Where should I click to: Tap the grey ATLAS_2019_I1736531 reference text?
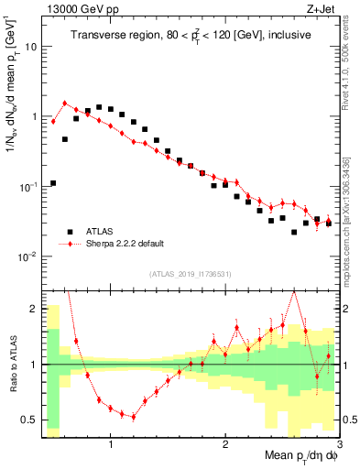coord(190,274)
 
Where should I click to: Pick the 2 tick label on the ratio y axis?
coord(33,309)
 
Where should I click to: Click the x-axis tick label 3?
coord(338,446)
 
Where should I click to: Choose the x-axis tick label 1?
coord(111,446)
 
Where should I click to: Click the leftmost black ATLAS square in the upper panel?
coord(53,183)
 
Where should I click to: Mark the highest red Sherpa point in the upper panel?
coord(65,104)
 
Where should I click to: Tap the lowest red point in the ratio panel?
coord(134,417)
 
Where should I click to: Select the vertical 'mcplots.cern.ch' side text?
coord(352,229)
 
